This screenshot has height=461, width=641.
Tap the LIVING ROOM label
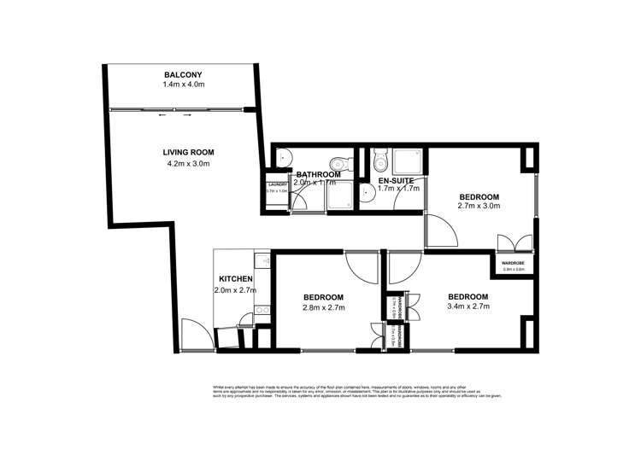(x=187, y=153)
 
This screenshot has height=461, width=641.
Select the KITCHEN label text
(x=235, y=279)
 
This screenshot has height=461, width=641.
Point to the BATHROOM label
(x=318, y=174)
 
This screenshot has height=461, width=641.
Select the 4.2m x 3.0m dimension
(x=188, y=164)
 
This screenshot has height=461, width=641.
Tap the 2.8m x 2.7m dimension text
(x=324, y=309)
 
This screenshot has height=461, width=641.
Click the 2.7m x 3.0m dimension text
(x=479, y=207)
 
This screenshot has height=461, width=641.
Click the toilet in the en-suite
(x=379, y=159)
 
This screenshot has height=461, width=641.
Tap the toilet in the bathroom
(x=339, y=160)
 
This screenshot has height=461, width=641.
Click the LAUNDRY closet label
(x=276, y=184)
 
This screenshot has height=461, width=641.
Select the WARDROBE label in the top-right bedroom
(x=512, y=263)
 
